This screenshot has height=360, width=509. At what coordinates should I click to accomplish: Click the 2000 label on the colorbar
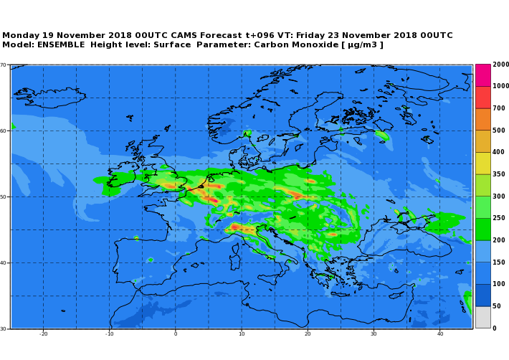500,65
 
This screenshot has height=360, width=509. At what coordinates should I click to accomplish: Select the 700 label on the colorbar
499,108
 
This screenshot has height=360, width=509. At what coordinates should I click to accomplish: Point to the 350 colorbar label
499,174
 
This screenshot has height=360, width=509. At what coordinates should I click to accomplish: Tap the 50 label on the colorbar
497,306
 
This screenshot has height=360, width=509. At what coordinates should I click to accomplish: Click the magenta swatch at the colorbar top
482,75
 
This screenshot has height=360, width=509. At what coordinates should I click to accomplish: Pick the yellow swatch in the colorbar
482,163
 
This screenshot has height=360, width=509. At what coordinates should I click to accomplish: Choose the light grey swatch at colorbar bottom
482,317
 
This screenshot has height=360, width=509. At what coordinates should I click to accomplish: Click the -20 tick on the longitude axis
43,333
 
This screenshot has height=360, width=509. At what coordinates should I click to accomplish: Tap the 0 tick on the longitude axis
175,333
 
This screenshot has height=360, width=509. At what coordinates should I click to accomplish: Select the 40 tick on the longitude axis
439,333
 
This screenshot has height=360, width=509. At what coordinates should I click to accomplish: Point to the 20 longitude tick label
307,333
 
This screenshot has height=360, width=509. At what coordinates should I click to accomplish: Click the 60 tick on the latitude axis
4,131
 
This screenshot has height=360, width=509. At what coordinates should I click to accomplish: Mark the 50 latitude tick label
4,196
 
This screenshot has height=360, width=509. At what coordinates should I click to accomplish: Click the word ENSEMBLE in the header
62,45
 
